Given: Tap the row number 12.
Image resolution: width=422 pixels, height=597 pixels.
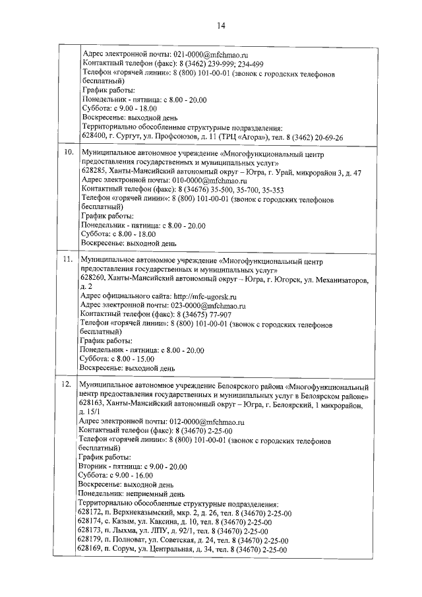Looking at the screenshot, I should [67, 384].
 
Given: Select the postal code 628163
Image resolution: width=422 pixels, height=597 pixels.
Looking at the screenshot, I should [90, 402].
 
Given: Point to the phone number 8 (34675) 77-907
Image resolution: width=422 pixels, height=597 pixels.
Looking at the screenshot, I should [198, 315].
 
